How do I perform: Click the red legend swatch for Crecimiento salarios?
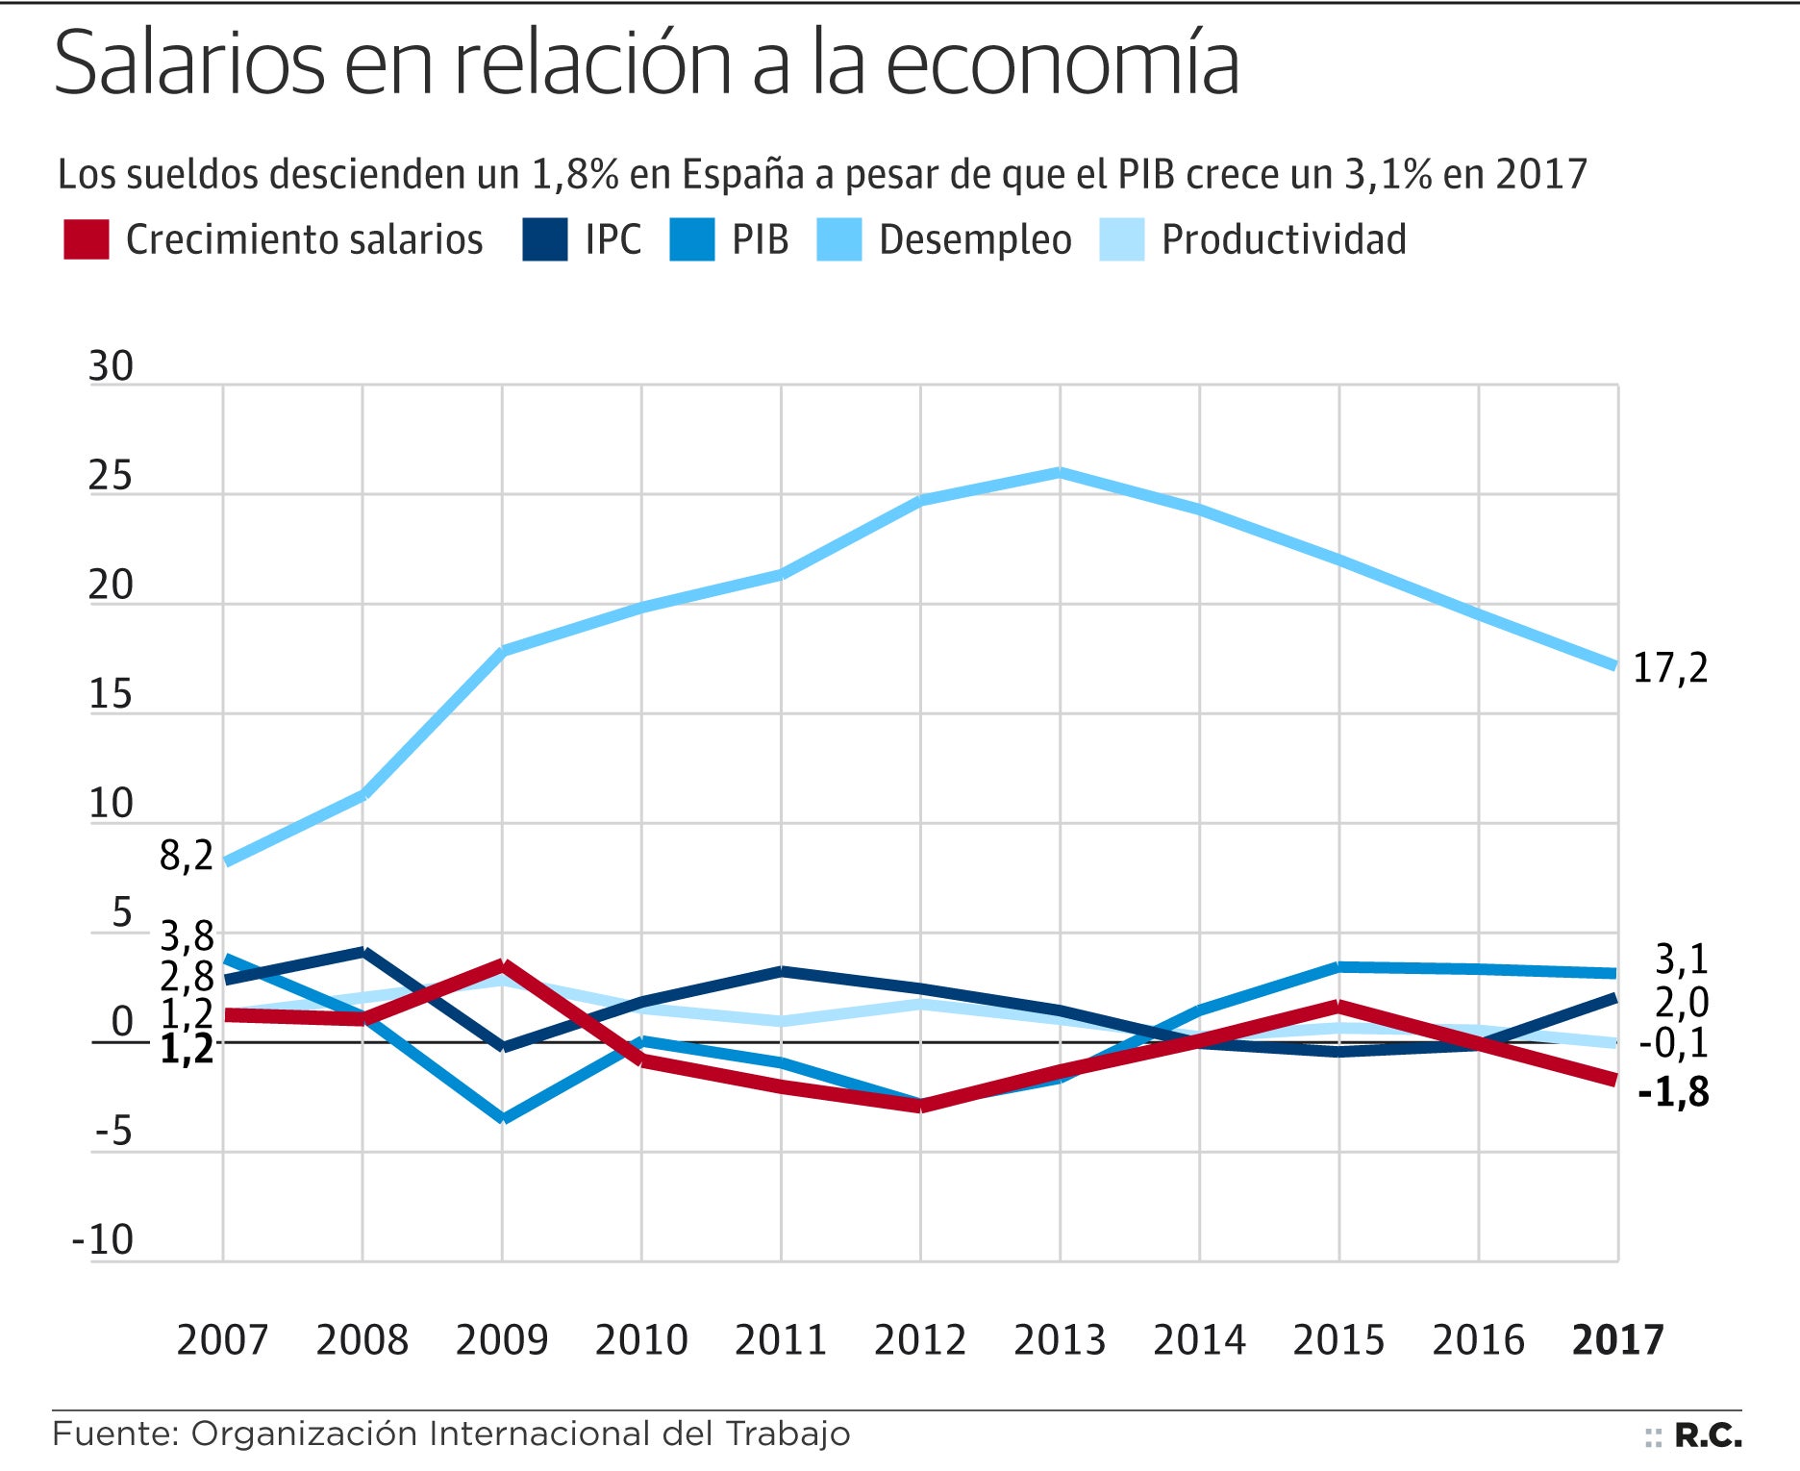click(x=86, y=239)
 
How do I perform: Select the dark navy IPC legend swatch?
click(x=544, y=239)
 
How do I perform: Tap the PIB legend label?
click(x=760, y=239)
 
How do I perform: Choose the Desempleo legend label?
click(x=974, y=239)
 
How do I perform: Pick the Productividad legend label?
click(x=1283, y=239)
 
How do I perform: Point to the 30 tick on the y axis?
click(x=111, y=366)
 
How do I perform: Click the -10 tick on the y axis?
click(x=103, y=1240)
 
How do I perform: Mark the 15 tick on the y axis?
click(x=111, y=694)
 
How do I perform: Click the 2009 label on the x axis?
click(x=501, y=1339)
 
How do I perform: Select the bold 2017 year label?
click(x=1617, y=1339)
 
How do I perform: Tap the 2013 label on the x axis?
click(x=1060, y=1339)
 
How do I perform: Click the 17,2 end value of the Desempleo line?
click(x=1670, y=668)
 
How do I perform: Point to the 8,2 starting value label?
click(x=187, y=855)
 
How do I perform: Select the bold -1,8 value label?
click(x=1673, y=1092)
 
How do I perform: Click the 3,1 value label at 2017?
click(x=1681, y=959)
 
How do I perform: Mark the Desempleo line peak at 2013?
click(x=1060, y=472)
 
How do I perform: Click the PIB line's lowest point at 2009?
click(x=502, y=1118)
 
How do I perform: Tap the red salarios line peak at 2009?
click(x=502, y=964)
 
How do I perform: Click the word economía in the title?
click(x=1062, y=64)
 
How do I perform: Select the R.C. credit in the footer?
click(x=1708, y=1435)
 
